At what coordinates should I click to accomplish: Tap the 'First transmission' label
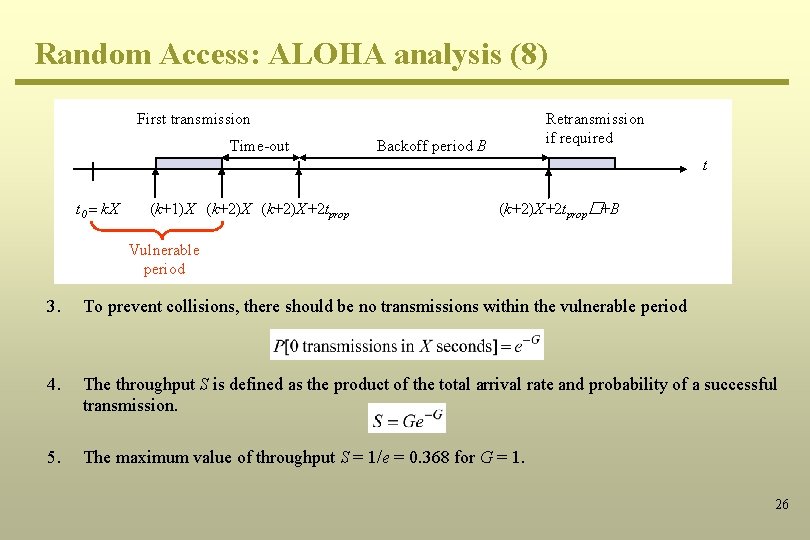click(x=193, y=119)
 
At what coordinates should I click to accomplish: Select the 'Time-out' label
click(x=259, y=146)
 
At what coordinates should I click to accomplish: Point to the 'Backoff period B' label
click(x=431, y=146)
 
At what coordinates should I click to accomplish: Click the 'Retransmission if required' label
click(x=594, y=128)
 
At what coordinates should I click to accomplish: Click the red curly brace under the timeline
click(x=151, y=232)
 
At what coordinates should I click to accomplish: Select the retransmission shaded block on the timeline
click(x=589, y=165)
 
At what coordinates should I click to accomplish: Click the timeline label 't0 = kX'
click(x=98, y=210)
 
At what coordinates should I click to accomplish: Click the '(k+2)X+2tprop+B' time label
click(x=559, y=210)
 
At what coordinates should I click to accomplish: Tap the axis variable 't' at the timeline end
click(x=704, y=166)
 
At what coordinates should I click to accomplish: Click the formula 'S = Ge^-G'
click(x=407, y=419)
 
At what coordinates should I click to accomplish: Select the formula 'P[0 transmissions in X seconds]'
click(x=407, y=346)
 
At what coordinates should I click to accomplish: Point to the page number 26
click(x=782, y=504)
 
